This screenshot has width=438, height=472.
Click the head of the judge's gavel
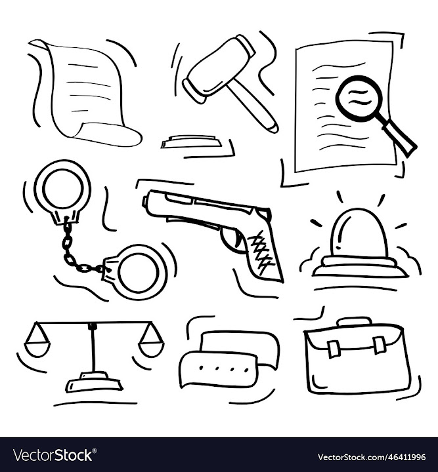click(216, 69)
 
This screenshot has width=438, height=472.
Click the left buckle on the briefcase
click(333, 348)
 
